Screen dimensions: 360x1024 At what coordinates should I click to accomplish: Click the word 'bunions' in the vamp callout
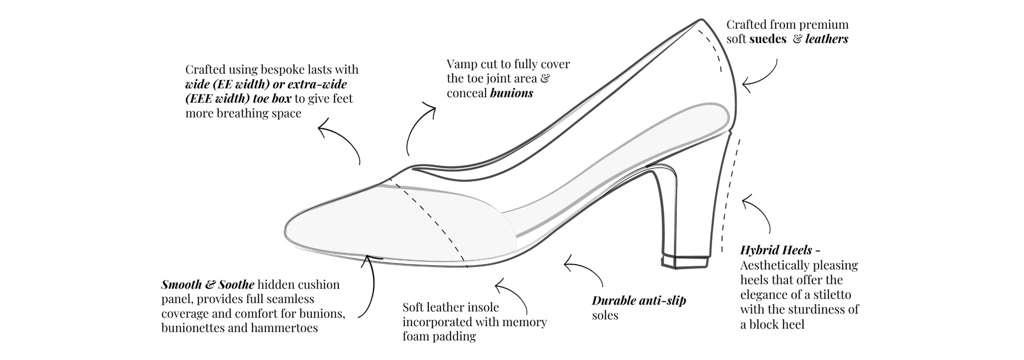[511, 93]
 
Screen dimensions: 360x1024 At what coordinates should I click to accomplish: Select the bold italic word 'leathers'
[826, 39]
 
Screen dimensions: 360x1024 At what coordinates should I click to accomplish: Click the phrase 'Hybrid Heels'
[776, 250]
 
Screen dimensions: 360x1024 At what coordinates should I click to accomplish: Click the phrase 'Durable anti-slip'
[639, 301]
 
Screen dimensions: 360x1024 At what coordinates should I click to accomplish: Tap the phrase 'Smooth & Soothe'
[208, 285]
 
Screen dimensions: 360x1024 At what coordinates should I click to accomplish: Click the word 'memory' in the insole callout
[524, 322]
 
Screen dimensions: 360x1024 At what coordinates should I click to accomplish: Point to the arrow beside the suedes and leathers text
[762, 78]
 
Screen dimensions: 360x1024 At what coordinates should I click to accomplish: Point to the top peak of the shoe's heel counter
[701, 20]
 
